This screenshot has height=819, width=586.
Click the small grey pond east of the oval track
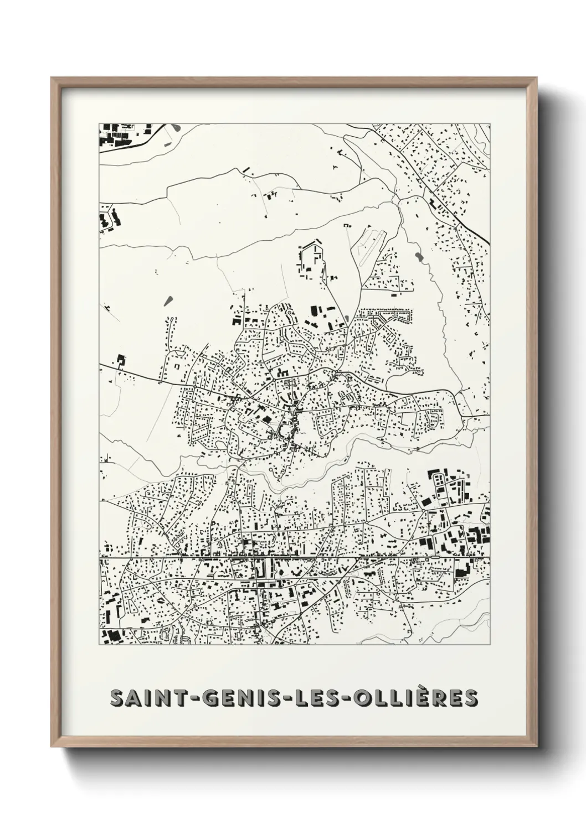click(x=417, y=257)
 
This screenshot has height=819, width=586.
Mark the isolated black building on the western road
click(x=120, y=361)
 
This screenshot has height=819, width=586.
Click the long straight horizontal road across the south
click(x=294, y=557)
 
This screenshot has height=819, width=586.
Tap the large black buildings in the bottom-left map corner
click(x=114, y=636)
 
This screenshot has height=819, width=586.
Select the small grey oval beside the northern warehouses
click(x=347, y=319)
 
